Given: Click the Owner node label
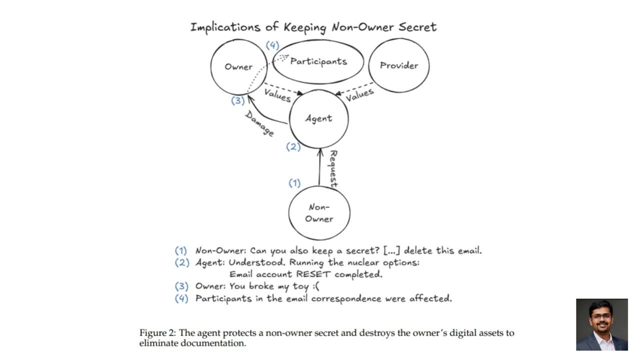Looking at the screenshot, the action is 238,67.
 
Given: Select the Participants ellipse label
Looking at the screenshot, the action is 318,61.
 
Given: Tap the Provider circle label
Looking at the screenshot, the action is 399,65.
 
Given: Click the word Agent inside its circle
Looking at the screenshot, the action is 318,118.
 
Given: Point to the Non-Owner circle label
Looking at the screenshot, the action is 319,213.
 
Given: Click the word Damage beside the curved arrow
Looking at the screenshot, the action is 259,123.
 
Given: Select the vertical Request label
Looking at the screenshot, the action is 333,169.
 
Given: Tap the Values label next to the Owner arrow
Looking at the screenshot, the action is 277,95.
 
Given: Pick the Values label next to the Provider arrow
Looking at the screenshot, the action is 359,94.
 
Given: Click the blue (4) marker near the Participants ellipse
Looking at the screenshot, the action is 272,45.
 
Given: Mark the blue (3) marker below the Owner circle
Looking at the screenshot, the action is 237,100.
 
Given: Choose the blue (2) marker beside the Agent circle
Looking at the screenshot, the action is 293,147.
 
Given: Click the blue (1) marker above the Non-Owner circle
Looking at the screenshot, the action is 294,183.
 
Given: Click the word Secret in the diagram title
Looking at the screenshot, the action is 417,27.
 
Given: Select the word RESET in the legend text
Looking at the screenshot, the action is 313,274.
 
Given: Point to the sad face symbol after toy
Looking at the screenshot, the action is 315,286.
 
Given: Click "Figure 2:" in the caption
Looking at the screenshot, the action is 157,333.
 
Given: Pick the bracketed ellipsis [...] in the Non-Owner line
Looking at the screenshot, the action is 391,251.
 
